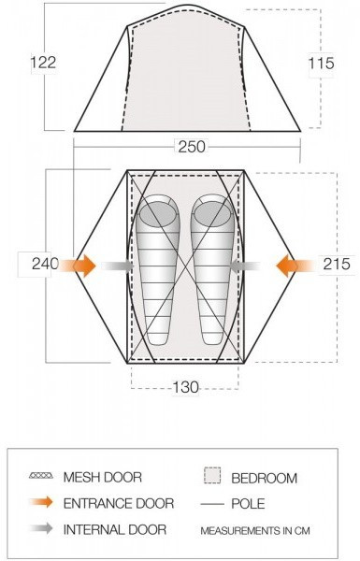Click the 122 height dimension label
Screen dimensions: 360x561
(x=43, y=63)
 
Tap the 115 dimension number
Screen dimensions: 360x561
(x=322, y=64)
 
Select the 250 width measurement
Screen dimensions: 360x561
(x=192, y=147)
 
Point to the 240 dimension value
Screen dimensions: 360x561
(x=45, y=264)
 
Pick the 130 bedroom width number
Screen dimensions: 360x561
(x=185, y=387)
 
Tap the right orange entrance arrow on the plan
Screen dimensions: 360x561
(x=295, y=266)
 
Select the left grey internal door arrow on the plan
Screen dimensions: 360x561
(x=118, y=266)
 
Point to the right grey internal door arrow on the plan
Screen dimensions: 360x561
(x=245, y=266)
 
